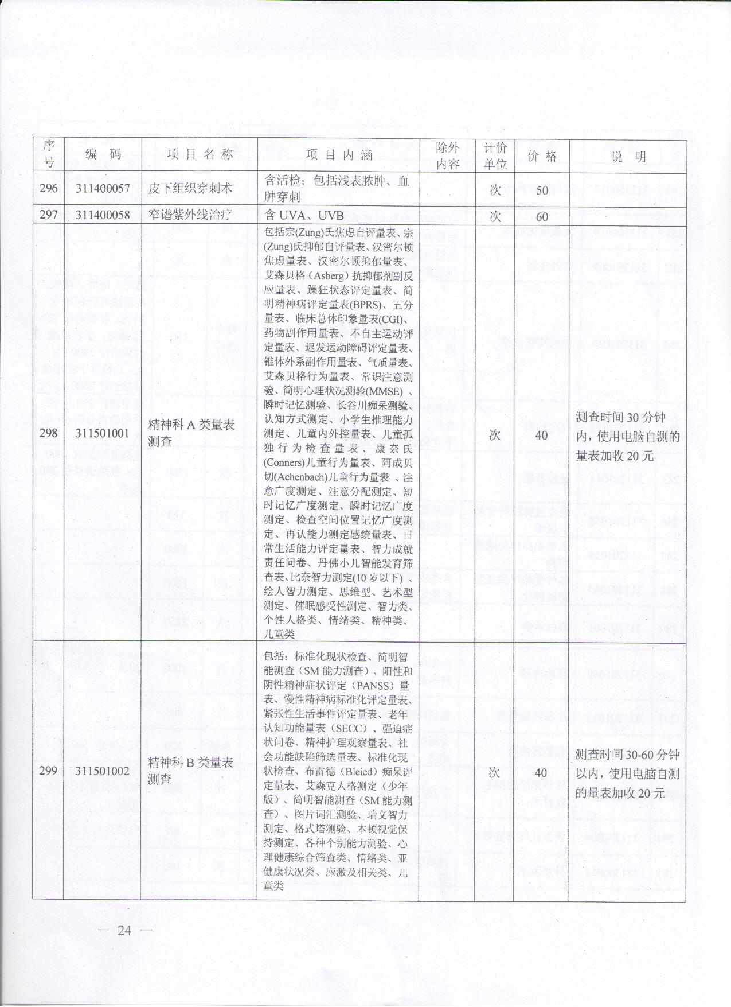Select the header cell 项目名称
pos(199,154)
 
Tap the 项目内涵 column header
pos(338,155)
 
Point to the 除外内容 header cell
pos(447,155)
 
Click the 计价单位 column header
pos(495,155)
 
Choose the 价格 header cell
pos(542,155)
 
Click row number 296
pos(49,188)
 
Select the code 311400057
pos(103,188)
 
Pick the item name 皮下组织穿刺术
pos(190,188)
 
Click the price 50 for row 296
pos(542,190)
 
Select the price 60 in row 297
pos(542,216)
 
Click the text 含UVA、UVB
pos(304,215)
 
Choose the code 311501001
pos(103,433)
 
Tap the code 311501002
pos(103,771)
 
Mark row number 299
pos(49,771)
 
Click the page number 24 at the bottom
pos(124,930)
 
